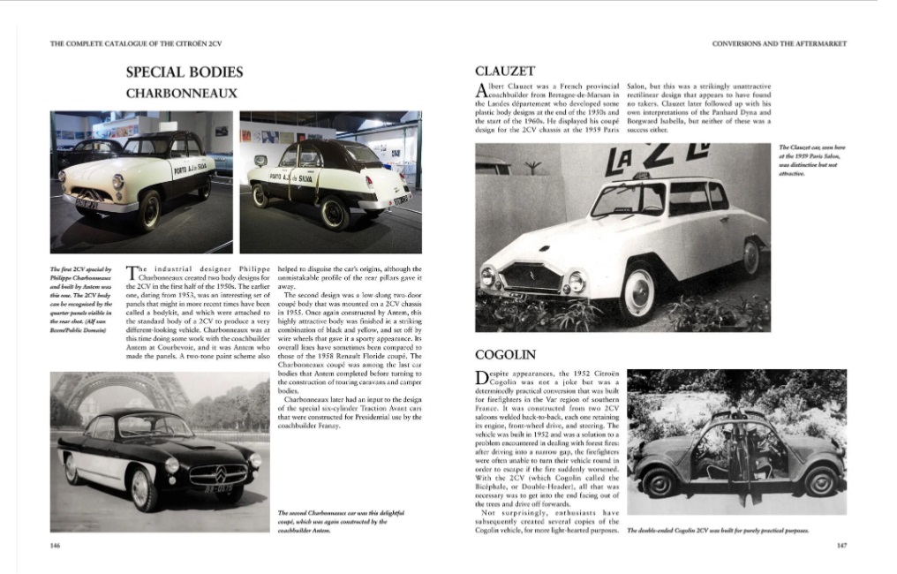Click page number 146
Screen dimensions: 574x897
pyautogui.click(x=56, y=546)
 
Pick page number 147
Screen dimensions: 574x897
pyautogui.click(x=840, y=546)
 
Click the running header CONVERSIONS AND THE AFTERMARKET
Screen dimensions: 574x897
pyautogui.click(x=780, y=43)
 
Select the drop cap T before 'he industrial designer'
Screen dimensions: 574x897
pyautogui.click(x=132, y=273)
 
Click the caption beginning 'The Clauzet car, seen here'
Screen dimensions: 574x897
pyautogui.click(x=807, y=160)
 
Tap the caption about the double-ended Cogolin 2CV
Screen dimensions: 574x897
pyautogui.click(x=718, y=530)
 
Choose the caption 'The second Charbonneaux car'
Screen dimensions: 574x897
pyautogui.click(x=332, y=521)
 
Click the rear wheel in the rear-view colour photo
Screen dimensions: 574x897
pyautogui.click(x=334, y=213)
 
